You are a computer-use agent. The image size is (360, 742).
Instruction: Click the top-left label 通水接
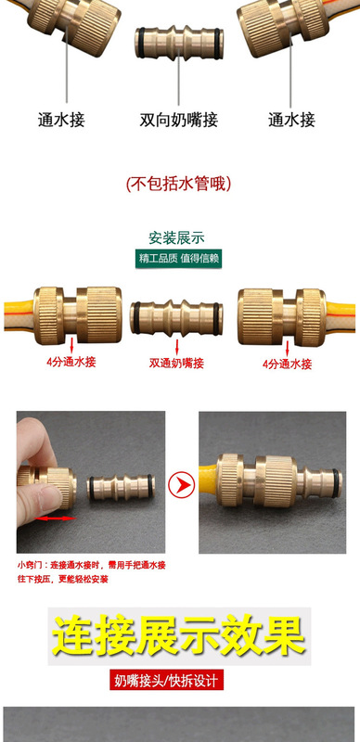point(61,120)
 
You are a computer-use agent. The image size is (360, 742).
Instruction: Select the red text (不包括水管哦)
point(178,183)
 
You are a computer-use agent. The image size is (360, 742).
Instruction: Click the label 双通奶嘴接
point(176,365)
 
